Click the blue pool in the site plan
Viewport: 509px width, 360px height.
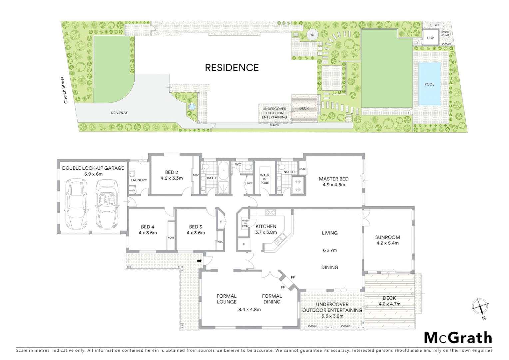coord(429,84)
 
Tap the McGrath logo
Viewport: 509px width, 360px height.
coord(458,338)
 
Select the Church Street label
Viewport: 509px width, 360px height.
coord(64,90)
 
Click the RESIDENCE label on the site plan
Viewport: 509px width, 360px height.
coord(232,68)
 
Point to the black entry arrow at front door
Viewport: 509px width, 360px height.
coord(200,261)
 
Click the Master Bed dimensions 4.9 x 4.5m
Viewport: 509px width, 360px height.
coord(333,185)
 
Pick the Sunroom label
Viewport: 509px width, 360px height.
coord(387,237)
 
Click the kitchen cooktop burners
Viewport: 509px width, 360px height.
coord(270,212)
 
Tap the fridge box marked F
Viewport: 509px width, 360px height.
coord(244,244)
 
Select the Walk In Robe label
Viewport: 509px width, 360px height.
coord(265,179)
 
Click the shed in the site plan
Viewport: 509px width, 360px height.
coord(430,37)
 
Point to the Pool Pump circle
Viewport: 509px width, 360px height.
coord(446,34)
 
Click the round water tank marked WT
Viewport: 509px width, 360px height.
coord(312,35)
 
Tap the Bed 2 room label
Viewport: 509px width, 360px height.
coord(172,172)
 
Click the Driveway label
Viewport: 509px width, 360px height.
coord(119,113)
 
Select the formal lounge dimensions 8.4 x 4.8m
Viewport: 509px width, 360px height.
coord(249,309)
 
